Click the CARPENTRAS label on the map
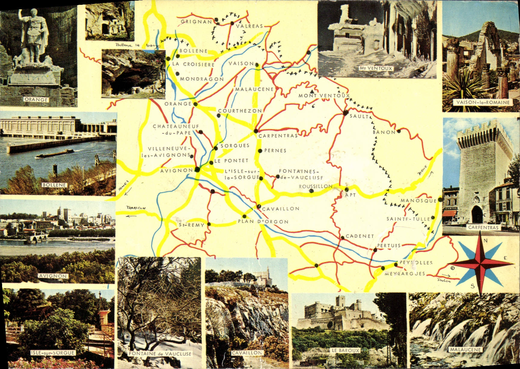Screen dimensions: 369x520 [278, 136]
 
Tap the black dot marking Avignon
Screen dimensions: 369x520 [197, 169]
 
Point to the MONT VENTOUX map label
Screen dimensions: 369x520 [324, 96]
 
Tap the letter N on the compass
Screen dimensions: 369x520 [485, 240]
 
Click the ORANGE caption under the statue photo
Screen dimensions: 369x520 [36, 100]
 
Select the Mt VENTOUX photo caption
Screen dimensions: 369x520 [376, 68]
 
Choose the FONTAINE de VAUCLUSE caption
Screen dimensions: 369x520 [160, 354]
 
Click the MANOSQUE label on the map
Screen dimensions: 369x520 [418, 201]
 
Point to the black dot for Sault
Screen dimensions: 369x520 [345, 113]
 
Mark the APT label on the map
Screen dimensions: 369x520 [351, 195]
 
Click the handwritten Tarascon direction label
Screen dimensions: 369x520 [136, 208]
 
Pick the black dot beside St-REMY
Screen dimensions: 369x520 [209, 224]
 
